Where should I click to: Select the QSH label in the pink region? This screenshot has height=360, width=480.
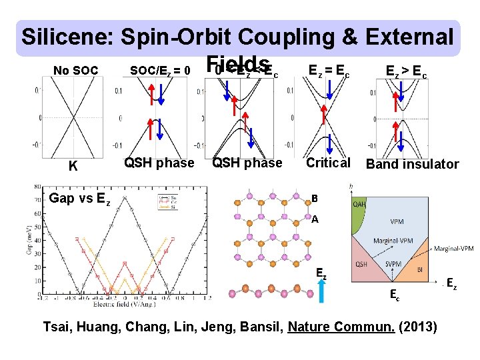361,264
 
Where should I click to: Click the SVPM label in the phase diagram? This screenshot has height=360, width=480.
394,264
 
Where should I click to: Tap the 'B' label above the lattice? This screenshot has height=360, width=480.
316,198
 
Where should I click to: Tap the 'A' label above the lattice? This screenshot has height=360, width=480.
315,218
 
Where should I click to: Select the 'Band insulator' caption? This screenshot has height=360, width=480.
413,164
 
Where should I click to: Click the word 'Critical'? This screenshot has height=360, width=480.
328,163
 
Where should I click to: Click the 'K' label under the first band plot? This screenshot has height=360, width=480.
73,166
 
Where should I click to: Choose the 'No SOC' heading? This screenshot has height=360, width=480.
75,71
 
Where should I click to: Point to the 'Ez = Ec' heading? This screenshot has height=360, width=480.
330,69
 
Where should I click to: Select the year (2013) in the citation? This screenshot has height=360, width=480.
419,327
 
